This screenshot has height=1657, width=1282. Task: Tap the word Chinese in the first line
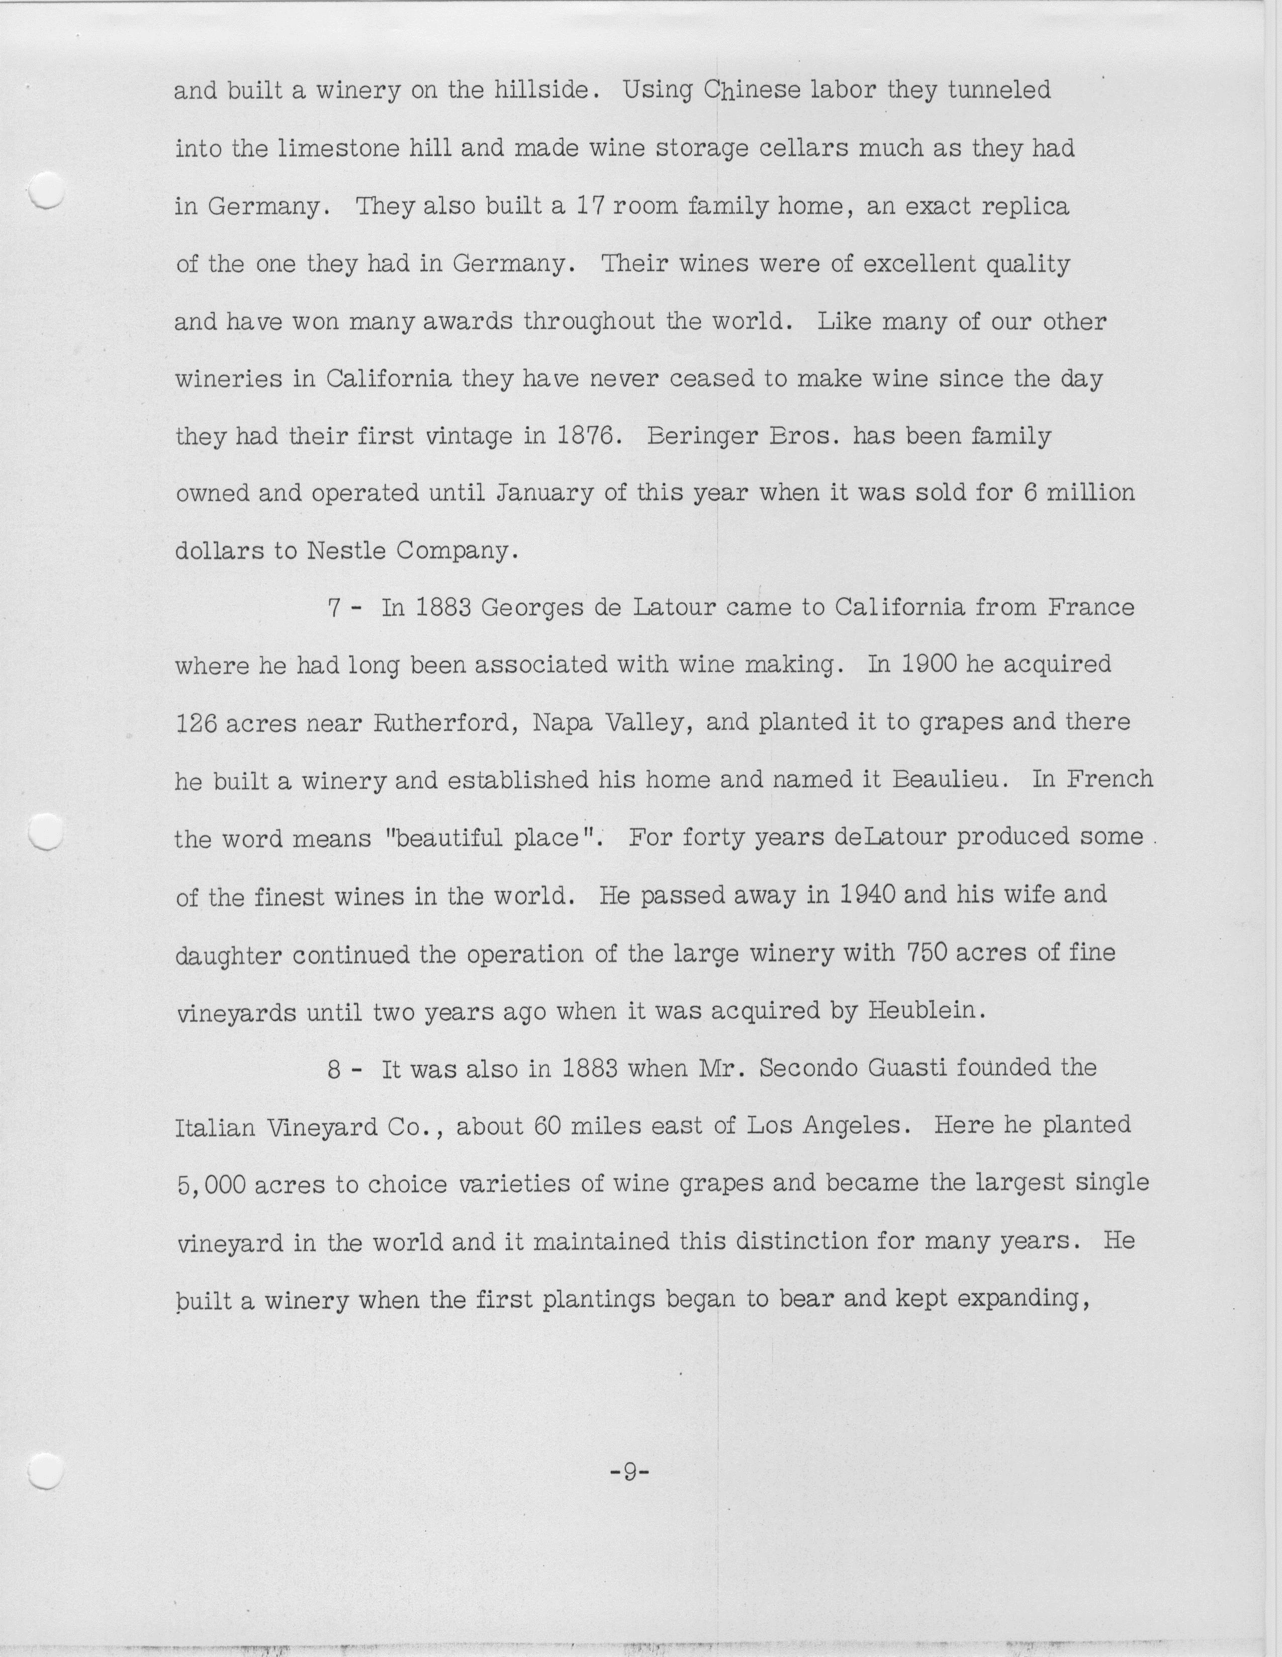[756, 91]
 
